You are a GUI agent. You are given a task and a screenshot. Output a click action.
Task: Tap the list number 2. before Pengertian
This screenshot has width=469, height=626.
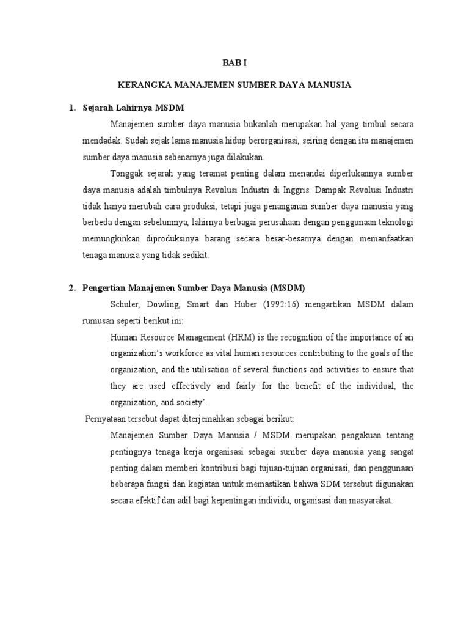pyautogui.click(x=72, y=288)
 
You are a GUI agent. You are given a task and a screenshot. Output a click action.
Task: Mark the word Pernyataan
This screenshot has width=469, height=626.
pyautogui.click(x=106, y=419)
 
